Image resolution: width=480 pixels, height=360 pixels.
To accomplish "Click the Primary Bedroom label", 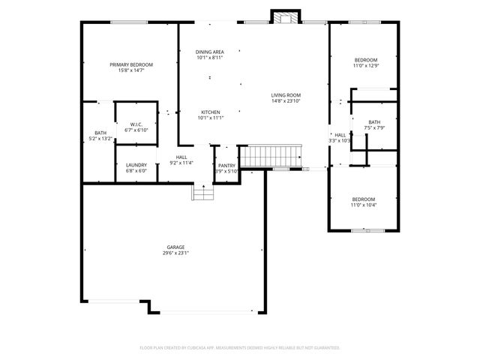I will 131,65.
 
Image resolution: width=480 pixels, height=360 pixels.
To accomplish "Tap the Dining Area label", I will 210,52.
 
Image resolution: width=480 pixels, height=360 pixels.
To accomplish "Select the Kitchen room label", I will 210,112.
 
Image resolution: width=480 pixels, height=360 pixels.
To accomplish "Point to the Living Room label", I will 286,95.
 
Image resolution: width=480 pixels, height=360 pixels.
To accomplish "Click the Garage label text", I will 175,247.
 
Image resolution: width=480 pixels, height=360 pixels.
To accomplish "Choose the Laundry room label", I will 136,165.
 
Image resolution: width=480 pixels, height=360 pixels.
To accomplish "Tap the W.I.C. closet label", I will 136,124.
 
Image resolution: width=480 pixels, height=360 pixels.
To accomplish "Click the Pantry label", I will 226,166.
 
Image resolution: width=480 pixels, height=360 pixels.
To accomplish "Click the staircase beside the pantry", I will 274,157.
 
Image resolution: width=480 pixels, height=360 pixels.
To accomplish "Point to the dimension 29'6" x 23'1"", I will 175,253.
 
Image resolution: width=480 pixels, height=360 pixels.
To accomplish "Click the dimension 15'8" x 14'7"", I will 131,71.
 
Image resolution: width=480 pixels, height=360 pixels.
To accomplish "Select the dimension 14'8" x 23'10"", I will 286,101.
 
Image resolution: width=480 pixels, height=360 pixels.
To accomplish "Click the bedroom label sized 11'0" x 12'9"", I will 365,60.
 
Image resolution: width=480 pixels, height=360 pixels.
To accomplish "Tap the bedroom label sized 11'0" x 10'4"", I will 363,199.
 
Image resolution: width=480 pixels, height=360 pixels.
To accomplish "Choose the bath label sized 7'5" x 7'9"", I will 373,122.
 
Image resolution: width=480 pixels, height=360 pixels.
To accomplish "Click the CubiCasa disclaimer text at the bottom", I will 240,348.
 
